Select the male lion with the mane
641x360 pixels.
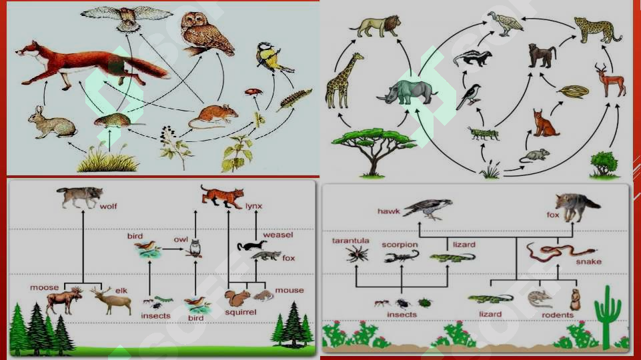[x=376, y=26]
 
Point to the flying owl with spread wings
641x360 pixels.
[x=127, y=17]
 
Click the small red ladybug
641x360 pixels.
[x=253, y=92]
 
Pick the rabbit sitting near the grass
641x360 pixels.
[x=51, y=122]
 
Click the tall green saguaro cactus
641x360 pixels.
[x=608, y=317]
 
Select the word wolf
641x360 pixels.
[x=108, y=207]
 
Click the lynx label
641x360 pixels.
[x=253, y=206]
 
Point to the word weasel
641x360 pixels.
[x=278, y=235]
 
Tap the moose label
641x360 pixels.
[x=44, y=288]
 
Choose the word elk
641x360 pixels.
[x=121, y=291]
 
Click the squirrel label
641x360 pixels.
[x=240, y=312]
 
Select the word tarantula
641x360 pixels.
[x=350, y=241]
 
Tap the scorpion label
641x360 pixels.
[x=400, y=245]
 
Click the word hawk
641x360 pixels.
[x=388, y=211]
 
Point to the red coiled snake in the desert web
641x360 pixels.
[x=560, y=252]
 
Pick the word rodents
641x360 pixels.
[x=558, y=315]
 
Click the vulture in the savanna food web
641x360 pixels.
[x=506, y=23]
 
